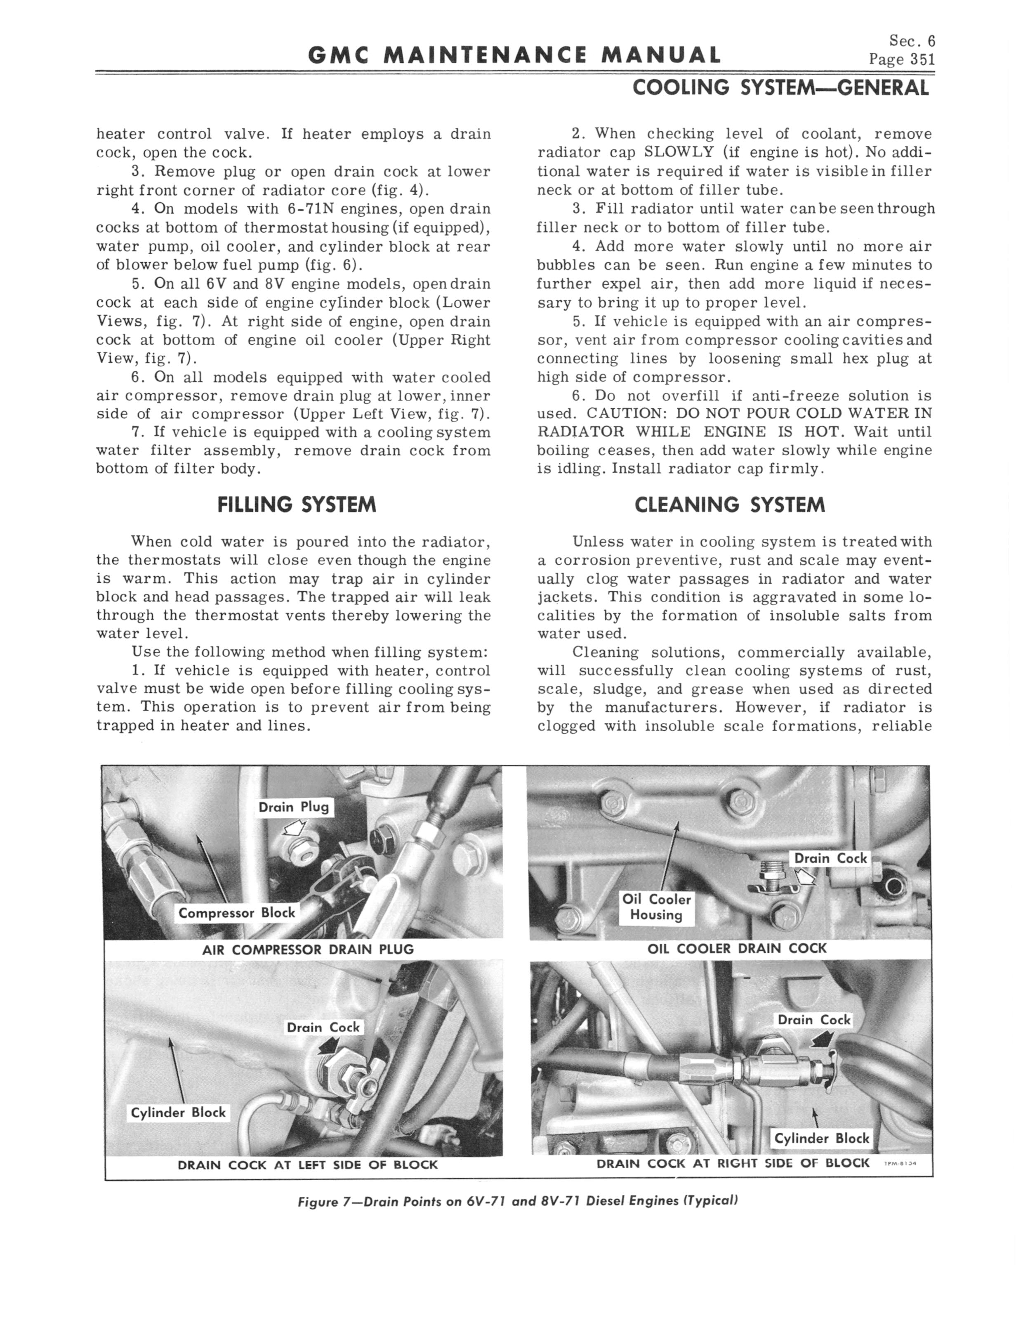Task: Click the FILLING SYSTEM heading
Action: tap(297, 504)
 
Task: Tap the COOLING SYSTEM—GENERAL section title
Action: tap(780, 88)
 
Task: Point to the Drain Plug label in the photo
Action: tap(294, 807)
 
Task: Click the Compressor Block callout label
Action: tap(236, 913)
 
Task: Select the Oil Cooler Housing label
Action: tap(656, 907)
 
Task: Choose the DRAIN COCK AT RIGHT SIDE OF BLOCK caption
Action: tap(733, 1163)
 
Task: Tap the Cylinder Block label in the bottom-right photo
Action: tap(821, 1139)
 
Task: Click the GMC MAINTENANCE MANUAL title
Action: tap(514, 56)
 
